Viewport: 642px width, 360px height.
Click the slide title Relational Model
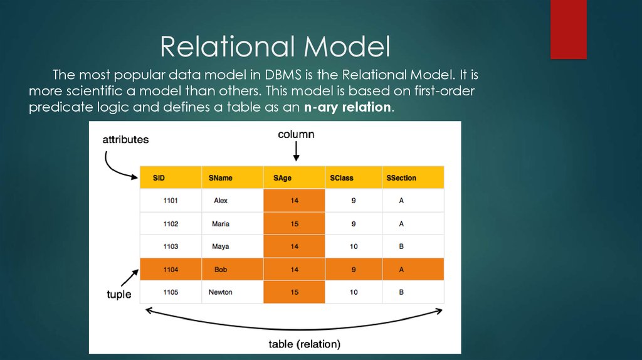(275, 46)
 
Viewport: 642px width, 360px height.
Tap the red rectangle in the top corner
(568, 29)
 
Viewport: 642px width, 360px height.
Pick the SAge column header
(282, 178)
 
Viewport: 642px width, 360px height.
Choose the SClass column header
(342, 178)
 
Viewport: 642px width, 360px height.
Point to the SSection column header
(401, 178)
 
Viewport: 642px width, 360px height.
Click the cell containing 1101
(171, 201)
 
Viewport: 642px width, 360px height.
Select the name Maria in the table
(221, 224)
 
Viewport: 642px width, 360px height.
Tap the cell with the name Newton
(221, 292)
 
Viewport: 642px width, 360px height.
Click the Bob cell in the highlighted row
(221, 270)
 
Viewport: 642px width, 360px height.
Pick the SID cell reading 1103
(171, 246)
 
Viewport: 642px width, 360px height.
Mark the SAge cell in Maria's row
(294, 224)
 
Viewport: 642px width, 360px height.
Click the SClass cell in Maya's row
(354, 246)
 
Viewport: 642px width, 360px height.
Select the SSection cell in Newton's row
(401, 292)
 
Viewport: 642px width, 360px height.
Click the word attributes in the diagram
(125, 140)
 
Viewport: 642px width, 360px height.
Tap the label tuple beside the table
(119, 294)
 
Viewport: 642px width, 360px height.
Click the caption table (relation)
(304, 344)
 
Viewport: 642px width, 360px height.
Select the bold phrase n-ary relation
(347, 107)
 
